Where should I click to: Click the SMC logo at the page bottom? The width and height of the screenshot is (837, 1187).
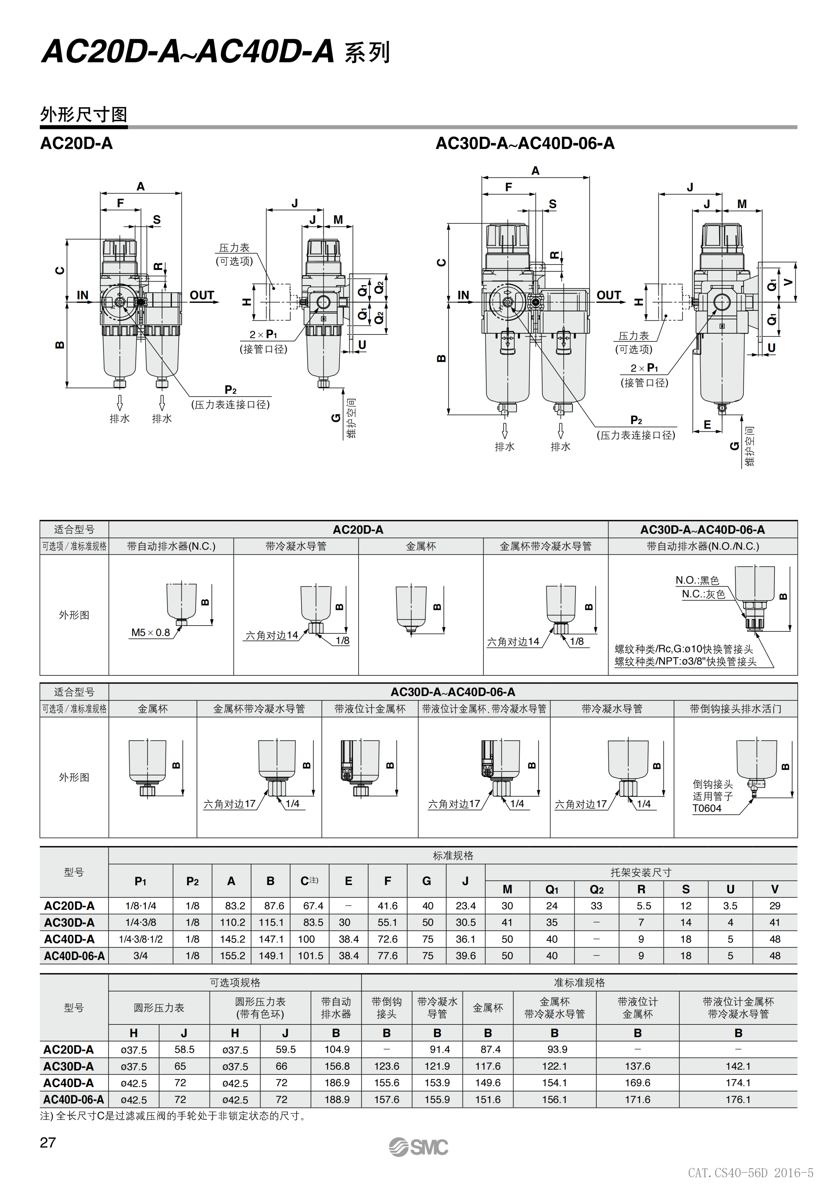[419, 1147]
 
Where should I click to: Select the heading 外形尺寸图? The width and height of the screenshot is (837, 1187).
[84, 114]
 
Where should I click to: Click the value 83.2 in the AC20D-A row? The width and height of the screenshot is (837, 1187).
[235, 906]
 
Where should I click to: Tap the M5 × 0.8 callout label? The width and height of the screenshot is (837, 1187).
[150, 632]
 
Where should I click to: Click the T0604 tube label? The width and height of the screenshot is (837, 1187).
[707, 808]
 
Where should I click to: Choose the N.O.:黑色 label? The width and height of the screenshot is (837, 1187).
[697, 580]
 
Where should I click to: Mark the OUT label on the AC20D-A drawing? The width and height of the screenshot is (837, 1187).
[202, 295]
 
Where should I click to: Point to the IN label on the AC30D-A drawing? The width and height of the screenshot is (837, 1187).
[464, 295]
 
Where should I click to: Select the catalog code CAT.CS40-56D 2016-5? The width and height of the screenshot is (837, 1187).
[750, 1173]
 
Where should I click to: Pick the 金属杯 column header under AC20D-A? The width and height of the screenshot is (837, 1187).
[421, 546]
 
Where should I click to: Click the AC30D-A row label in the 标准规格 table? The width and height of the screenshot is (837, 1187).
[69, 922]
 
